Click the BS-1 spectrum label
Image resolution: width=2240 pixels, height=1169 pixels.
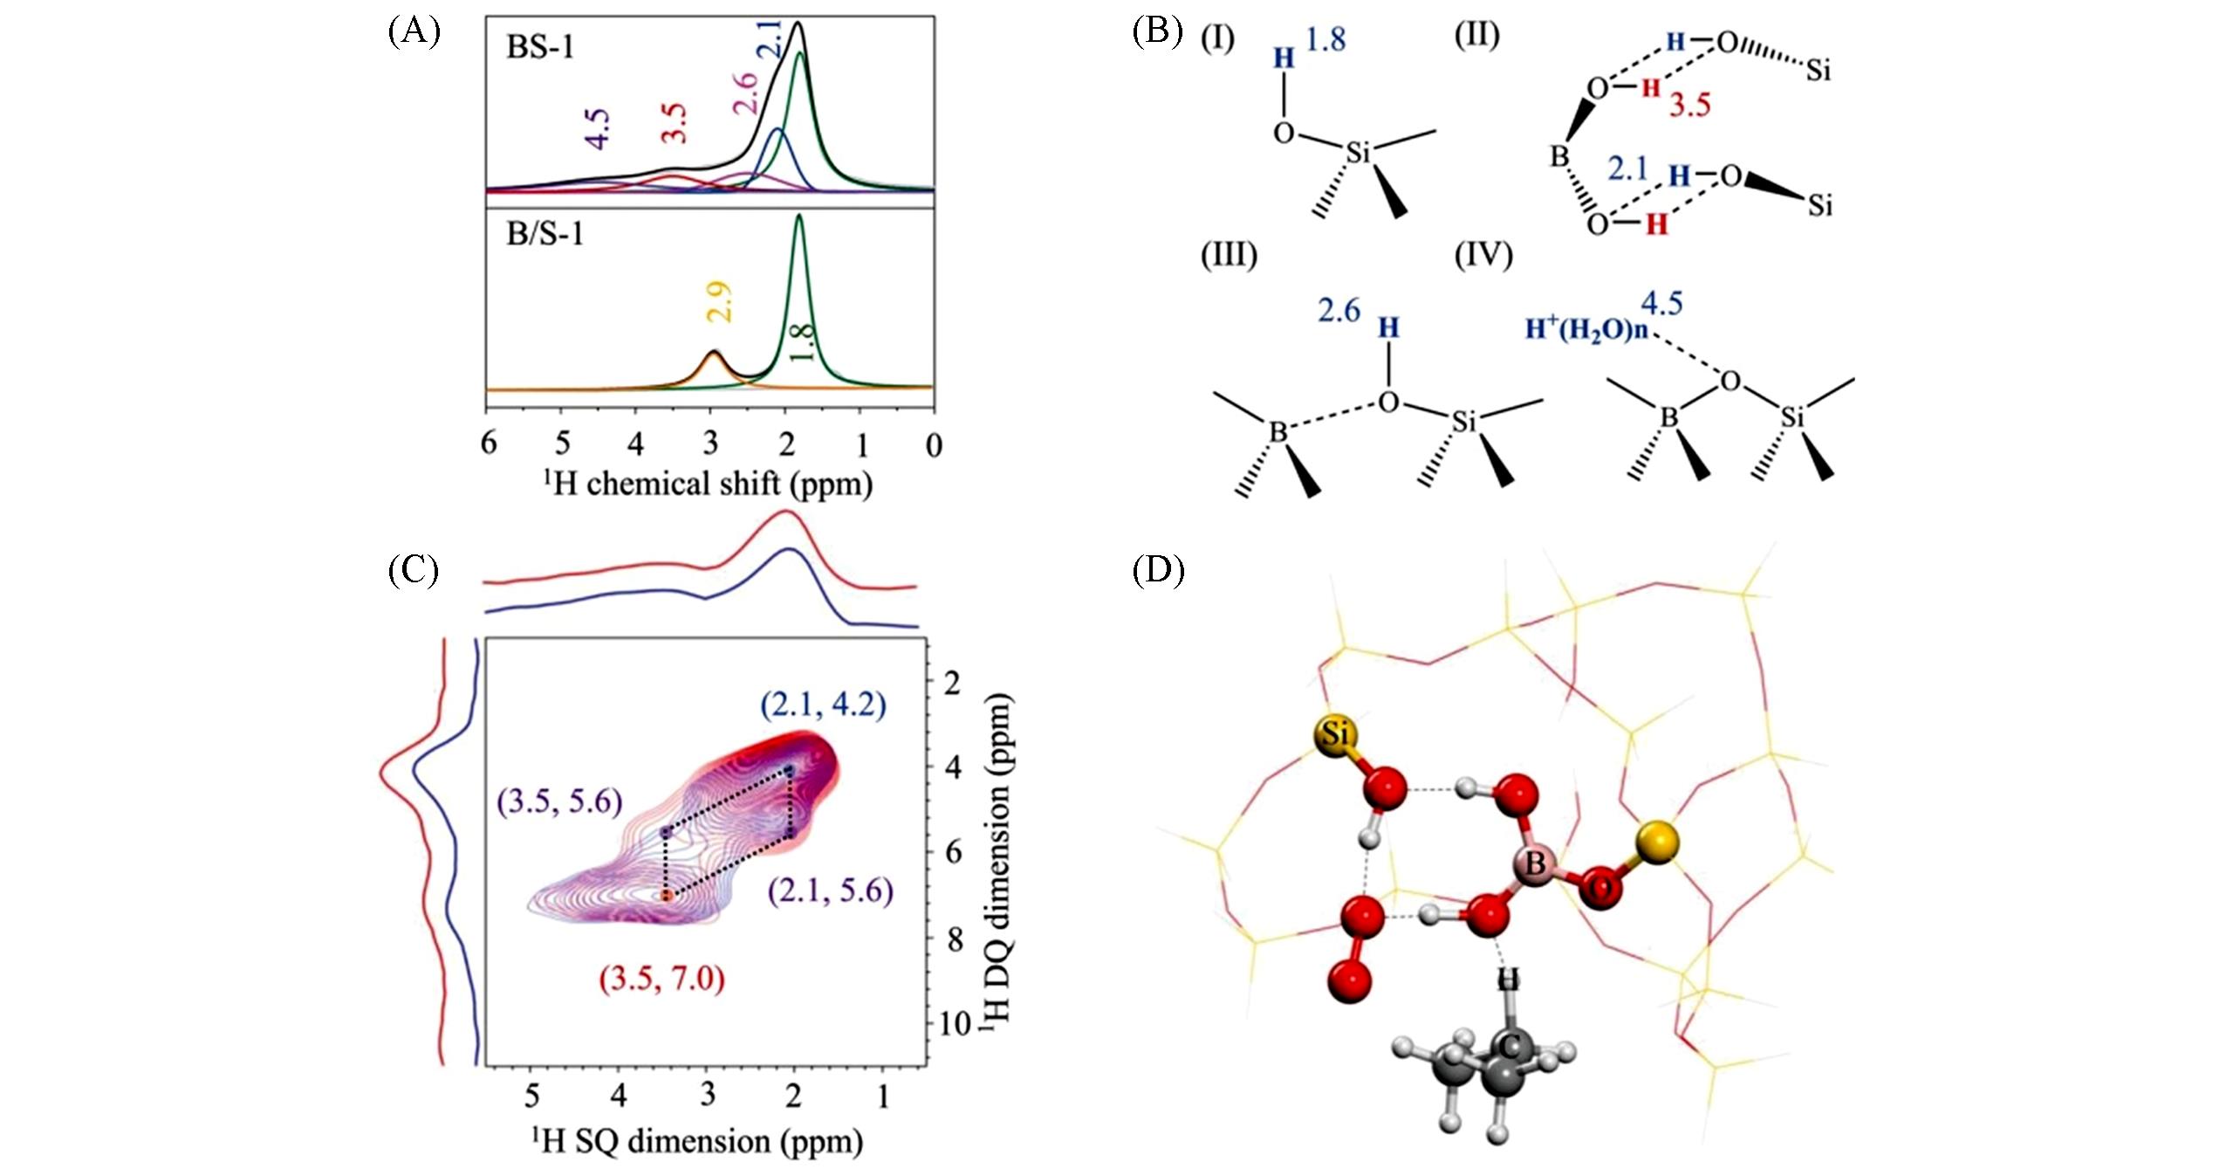click(540, 46)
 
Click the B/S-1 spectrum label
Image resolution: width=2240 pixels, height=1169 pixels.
click(545, 234)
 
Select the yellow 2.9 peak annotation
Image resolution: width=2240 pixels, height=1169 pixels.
click(721, 302)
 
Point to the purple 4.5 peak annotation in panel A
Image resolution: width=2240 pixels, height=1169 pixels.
click(598, 130)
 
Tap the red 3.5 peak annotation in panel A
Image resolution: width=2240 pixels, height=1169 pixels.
click(674, 123)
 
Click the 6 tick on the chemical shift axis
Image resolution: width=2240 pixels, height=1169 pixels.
click(489, 444)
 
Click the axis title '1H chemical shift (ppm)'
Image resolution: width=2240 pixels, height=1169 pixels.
click(708, 483)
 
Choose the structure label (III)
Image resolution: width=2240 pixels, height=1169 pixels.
click(1229, 255)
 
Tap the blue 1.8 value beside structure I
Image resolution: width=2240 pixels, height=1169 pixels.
click(1326, 39)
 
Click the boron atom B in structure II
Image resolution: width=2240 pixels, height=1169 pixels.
click(1559, 157)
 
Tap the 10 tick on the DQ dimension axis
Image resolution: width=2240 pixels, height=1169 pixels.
click(956, 1024)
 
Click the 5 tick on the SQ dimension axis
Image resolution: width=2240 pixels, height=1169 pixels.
click(531, 1096)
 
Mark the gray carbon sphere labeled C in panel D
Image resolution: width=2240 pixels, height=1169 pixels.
click(1508, 1046)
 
